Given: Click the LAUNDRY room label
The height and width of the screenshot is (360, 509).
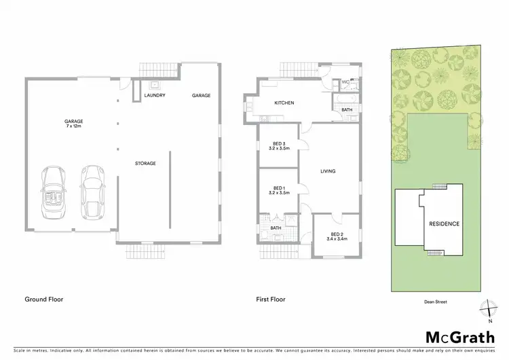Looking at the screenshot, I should click(x=155, y=95).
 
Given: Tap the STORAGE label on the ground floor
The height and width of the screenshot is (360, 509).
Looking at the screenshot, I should click(x=145, y=163).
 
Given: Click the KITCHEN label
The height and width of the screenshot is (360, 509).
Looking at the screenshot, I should click(x=284, y=103).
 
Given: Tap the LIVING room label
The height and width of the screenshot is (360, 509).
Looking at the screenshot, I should click(x=328, y=170).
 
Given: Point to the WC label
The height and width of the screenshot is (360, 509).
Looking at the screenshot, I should click(x=345, y=82).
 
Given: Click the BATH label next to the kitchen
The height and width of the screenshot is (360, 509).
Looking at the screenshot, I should click(x=347, y=109).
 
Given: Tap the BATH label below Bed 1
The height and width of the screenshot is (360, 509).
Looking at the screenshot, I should click(x=279, y=228).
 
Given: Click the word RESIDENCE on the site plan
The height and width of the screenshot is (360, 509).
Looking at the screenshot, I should click(x=444, y=223).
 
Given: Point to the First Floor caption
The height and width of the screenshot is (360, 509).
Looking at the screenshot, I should click(x=270, y=299).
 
